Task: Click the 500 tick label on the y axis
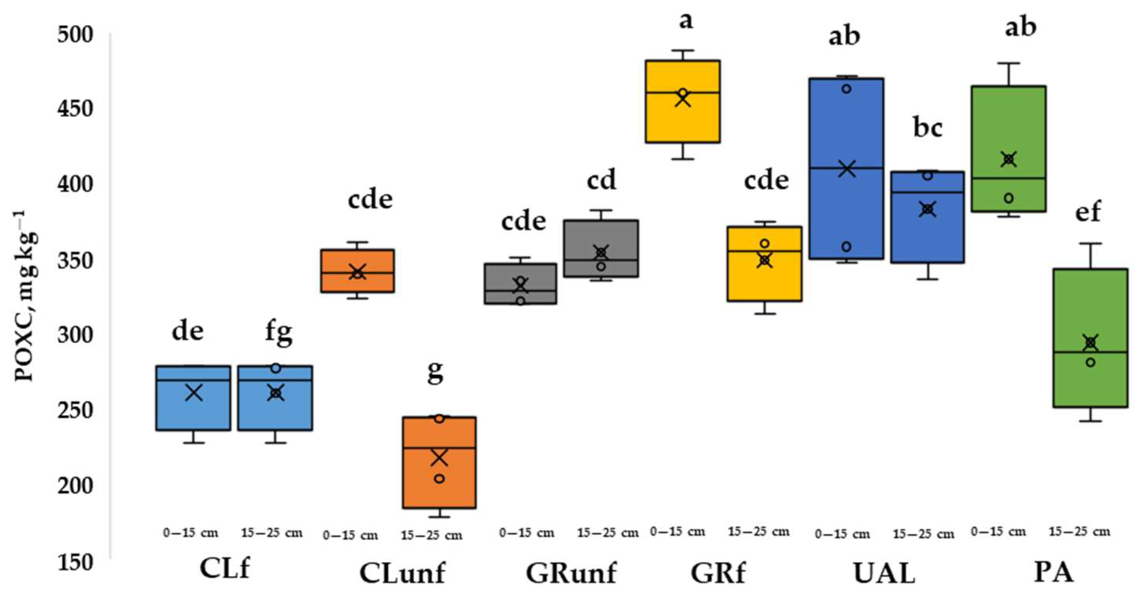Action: tap(75, 35)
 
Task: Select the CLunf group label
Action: tap(402, 573)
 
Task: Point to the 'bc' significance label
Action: tap(928, 128)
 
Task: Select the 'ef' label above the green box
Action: tap(1088, 212)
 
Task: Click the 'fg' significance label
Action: tap(279, 332)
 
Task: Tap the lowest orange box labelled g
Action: tap(439, 486)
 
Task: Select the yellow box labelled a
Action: tap(683, 119)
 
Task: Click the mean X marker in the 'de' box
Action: tap(194, 392)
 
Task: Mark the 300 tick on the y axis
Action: tap(75, 335)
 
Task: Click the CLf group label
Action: tap(225, 569)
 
